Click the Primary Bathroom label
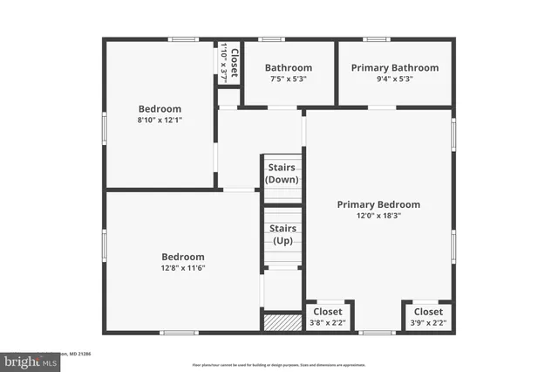394,67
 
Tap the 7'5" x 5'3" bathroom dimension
288,79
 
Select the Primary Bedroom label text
378,204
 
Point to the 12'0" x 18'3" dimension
378,216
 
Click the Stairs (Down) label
282,173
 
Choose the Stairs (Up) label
282,234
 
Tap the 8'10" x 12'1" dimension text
160,120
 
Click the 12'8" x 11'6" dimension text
182,268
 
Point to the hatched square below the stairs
282,321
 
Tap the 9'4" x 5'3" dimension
394,79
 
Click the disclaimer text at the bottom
280,364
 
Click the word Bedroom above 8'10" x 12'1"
160,108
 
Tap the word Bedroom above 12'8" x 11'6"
182,257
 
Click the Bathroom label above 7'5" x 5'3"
288,67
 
